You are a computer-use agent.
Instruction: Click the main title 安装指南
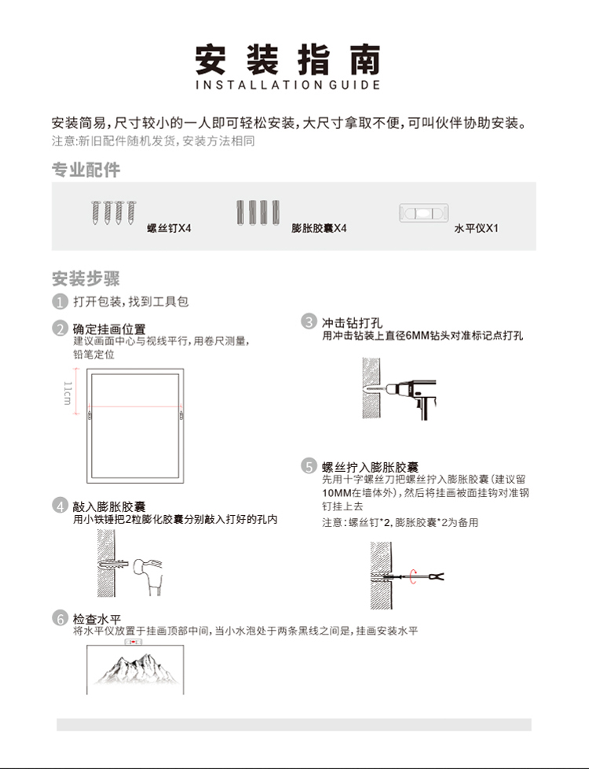pos(287,59)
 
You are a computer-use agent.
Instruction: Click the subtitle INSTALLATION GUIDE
pos(287,85)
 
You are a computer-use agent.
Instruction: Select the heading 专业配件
pos(86,170)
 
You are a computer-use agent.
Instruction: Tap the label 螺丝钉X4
pos(169,229)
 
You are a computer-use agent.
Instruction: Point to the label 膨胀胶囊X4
pos(319,229)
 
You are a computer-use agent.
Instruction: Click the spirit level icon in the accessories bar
pos(423,213)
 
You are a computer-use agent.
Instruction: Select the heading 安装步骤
pos(86,278)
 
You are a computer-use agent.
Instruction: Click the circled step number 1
pos(60,303)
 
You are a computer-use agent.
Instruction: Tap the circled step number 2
pos(60,329)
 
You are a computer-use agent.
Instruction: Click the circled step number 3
pos(309,322)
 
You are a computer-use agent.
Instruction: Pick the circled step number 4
pos(60,506)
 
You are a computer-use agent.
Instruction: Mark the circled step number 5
pos(309,466)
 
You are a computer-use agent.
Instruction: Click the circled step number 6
pos(60,618)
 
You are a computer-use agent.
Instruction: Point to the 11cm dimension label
pos(68,392)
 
